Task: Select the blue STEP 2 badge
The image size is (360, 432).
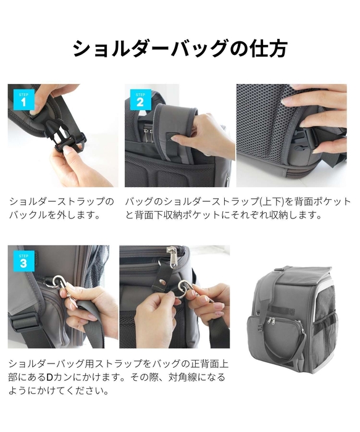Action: tap(141, 99)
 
